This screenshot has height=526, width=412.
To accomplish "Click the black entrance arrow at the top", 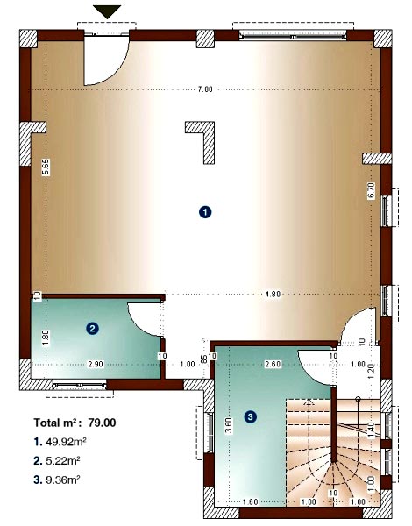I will [108, 11].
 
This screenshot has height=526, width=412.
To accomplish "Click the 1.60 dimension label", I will [249, 501].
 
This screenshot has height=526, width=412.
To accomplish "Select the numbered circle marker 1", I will [204, 211].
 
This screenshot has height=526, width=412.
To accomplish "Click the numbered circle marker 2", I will [91, 329].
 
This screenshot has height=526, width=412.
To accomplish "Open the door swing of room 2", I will [143, 317].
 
